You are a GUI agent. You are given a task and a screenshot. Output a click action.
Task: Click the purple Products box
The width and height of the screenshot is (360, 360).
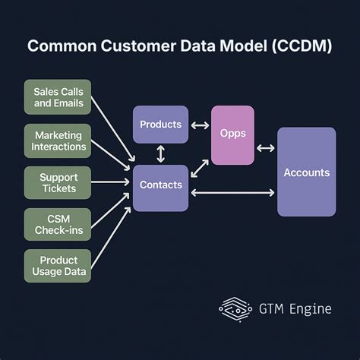[160, 125]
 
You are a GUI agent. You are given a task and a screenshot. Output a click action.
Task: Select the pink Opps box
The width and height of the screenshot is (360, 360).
[232, 134]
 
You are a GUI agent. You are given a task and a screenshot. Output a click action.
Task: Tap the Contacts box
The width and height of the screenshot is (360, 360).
[160, 185]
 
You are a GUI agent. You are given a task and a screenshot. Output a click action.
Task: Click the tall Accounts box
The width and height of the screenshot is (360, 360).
[306, 172]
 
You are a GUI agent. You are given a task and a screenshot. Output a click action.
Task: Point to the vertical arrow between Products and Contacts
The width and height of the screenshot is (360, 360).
[160, 154]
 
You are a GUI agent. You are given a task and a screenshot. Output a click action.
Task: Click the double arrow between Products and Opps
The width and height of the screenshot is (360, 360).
[199, 125]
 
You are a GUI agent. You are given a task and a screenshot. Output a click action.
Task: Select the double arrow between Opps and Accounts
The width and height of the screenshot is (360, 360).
[266, 148]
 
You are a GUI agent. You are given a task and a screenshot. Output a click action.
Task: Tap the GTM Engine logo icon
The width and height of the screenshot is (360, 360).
[233, 307]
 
